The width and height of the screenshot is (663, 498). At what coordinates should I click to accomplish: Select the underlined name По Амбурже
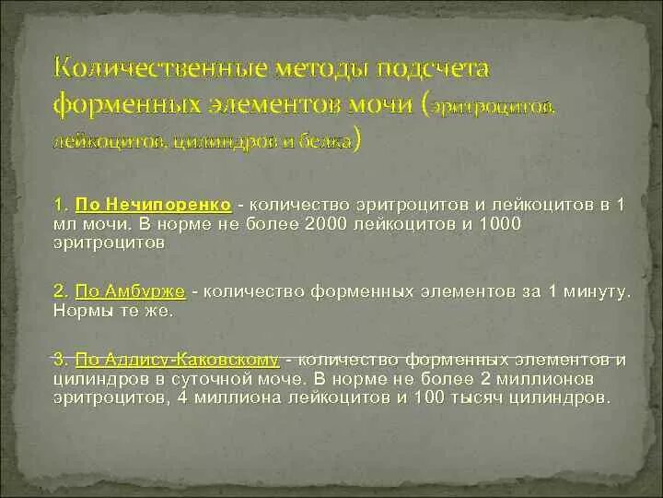pos(131,290)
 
